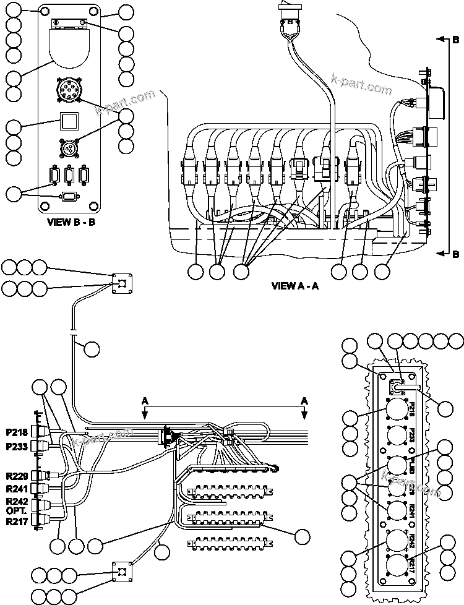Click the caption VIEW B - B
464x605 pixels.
71,222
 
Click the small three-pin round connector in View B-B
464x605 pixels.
69,149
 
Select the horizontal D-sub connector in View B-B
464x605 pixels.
69,197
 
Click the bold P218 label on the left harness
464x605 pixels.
17,432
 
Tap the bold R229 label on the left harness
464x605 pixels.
17,475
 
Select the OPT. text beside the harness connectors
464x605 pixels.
15,512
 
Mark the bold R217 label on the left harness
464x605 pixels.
17,521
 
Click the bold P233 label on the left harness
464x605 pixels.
17,446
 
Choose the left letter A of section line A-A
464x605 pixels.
145,401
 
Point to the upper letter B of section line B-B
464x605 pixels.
455,40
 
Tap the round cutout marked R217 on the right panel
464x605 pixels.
396,565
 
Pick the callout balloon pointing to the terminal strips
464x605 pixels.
303,537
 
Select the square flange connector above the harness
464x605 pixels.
122,283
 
